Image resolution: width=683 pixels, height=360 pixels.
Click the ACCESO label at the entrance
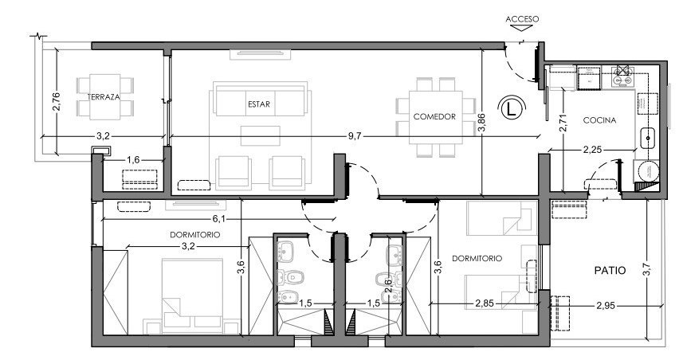(522, 19)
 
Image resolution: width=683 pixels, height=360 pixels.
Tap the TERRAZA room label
(104, 97)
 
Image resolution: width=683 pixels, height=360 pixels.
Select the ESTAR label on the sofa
(259, 104)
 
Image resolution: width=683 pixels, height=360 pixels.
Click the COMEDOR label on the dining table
(434, 116)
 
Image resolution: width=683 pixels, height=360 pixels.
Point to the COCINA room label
(599, 120)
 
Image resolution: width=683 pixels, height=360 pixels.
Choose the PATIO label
(610, 270)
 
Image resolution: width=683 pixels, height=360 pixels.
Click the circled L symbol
(512, 108)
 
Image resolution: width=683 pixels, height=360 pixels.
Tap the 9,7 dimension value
(355, 136)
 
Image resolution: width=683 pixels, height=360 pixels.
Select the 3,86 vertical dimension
(481, 123)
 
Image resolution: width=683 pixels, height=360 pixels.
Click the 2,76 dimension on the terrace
(57, 101)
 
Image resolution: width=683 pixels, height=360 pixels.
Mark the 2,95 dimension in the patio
(606, 306)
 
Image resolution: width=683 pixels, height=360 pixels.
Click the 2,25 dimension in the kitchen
(592, 150)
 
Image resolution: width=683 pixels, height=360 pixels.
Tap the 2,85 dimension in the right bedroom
(485, 303)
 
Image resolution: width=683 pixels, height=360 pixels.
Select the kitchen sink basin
(648, 138)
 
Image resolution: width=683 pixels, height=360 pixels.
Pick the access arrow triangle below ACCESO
(521, 28)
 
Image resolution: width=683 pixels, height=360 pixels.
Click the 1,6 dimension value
(133, 160)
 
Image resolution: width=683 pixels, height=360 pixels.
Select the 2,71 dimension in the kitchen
(564, 123)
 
